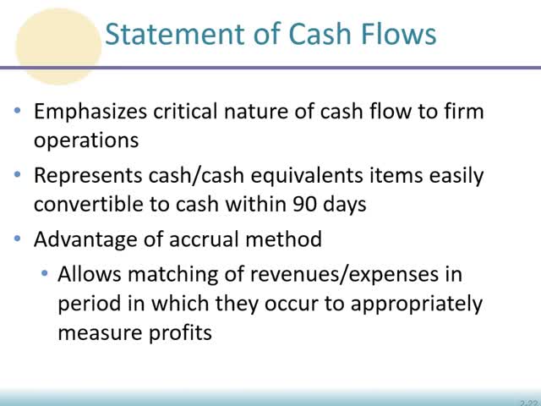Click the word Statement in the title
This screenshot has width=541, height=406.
[x=171, y=34]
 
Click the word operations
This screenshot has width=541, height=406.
[x=86, y=140]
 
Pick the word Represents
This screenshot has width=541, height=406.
[x=90, y=176]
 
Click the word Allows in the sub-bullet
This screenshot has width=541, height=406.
[x=85, y=276]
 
